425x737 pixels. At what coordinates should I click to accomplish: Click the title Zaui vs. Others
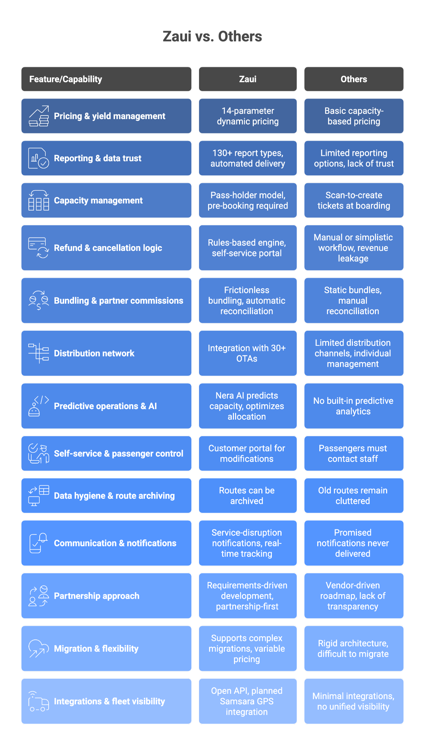coord(212,36)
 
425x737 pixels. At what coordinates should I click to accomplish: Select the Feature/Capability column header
coord(66,79)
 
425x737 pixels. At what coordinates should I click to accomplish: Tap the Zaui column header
coord(248,79)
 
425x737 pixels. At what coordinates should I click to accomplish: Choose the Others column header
coord(354,79)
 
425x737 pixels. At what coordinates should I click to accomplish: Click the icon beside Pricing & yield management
coord(39,116)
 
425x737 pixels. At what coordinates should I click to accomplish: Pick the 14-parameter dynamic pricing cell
coord(248,116)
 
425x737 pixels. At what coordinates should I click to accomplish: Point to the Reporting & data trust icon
coord(39,158)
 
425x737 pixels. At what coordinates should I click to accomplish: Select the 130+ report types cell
coord(248,158)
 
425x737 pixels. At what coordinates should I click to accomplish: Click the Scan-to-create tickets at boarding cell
coord(354,200)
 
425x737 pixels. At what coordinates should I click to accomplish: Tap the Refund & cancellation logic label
coord(108,248)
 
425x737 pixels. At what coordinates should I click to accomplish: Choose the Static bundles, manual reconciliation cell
coord(353,300)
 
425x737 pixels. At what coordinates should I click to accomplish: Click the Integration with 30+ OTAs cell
coord(247,353)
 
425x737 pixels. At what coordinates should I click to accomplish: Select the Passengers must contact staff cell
coord(353,453)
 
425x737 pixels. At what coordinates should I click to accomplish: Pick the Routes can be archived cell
coord(247,496)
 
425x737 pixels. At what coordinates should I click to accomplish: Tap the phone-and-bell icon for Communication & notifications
coord(39,543)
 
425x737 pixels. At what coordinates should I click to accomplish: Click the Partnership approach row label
coord(97,596)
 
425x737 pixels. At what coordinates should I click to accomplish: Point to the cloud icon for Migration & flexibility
coord(39,648)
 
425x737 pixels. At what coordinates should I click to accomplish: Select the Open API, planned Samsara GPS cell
coord(247,701)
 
